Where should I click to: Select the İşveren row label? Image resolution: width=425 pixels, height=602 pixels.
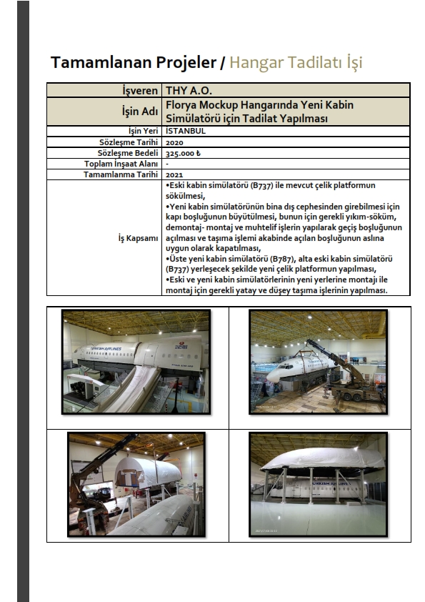click(x=140, y=91)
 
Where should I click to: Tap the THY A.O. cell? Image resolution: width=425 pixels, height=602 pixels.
click(x=189, y=91)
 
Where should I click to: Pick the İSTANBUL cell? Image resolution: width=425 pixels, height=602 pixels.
click(x=186, y=131)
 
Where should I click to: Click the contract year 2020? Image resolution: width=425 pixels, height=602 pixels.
click(x=174, y=142)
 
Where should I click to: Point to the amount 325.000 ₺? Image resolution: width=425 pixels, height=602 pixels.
click(x=183, y=153)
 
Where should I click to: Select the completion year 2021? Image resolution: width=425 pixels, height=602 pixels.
click(x=174, y=174)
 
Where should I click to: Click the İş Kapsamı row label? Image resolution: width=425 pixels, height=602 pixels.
click(x=138, y=238)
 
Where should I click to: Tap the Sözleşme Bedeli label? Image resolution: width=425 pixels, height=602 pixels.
click(x=128, y=153)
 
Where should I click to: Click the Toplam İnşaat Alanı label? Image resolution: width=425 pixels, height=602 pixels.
click(x=121, y=164)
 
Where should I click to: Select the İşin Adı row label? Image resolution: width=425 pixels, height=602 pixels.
click(x=140, y=112)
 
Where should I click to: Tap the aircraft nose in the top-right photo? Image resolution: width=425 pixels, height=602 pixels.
click(x=273, y=373)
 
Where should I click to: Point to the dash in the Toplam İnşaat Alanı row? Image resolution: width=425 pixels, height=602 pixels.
click(x=167, y=164)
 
